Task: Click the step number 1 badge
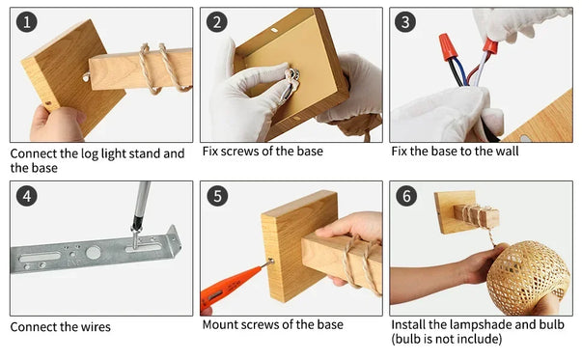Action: click(x=27, y=22)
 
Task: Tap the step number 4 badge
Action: click(x=27, y=196)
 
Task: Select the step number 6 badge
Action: click(x=406, y=196)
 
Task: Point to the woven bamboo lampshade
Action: click(x=528, y=276)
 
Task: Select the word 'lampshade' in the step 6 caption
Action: click(x=481, y=324)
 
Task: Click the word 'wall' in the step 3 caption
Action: click(x=508, y=152)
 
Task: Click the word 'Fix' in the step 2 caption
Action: click(x=209, y=152)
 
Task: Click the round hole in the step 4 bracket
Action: click(x=93, y=253)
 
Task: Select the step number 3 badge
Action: click(x=405, y=22)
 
